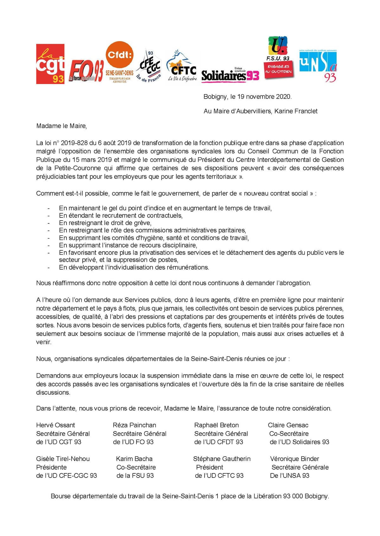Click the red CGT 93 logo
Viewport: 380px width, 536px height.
pos(50,64)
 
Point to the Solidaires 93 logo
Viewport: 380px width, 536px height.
pos(230,75)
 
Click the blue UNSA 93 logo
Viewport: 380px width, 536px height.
pos(318,66)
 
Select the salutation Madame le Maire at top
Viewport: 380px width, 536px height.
pos(61,126)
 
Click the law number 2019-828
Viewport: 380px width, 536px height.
pos(74,143)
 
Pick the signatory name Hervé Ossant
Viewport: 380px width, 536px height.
pos(55,425)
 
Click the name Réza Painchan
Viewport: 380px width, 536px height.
pos(134,425)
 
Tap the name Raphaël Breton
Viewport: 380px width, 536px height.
pos(216,425)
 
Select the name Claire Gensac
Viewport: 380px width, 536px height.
pos(288,425)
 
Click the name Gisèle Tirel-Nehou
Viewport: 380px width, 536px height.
pos(63,459)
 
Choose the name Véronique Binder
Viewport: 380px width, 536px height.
pos(294,459)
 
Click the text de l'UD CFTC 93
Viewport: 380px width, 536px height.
pos(219,476)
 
